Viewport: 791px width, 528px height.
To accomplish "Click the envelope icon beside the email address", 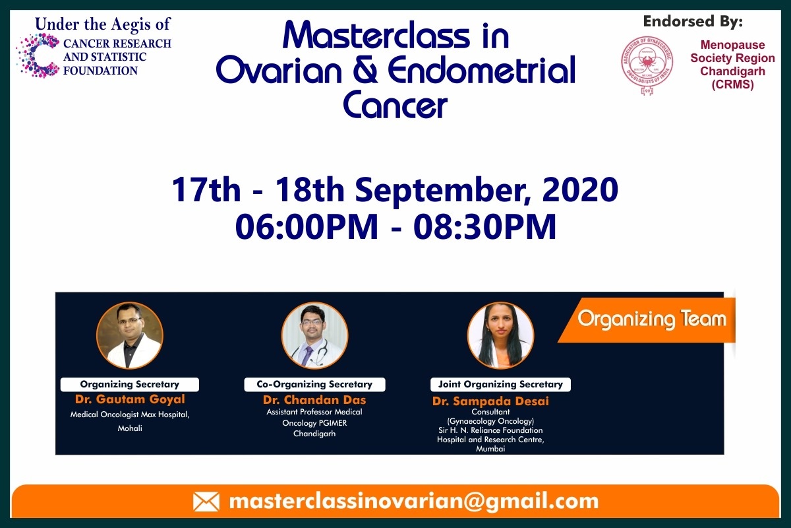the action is click(x=206, y=502).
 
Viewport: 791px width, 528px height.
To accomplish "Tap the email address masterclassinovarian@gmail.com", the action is click(x=414, y=502).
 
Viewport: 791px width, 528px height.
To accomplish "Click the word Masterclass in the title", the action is click(x=376, y=36).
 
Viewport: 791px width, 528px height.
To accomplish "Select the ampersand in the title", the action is click(x=365, y=71).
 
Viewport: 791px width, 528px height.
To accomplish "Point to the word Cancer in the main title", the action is click(x=395, y=105).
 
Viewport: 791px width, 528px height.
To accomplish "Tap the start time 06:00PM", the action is click(x=307, y=226).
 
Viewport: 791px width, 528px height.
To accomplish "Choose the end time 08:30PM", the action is click(x=484, y=226).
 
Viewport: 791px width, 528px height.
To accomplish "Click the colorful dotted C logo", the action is click(x=38, y=55).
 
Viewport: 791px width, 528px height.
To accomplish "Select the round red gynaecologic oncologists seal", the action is click(x=647, y=65).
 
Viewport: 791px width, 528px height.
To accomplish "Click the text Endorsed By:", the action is click(x=693, y=22).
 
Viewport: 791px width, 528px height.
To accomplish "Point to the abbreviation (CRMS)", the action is click(x=733, y=84).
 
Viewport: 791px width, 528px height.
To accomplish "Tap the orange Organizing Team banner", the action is click(x=647, y=320).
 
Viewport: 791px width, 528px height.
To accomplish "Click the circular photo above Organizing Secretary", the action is click(x=130, y=336).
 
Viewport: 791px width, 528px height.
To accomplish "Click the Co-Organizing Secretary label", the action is click(x=314, y=384).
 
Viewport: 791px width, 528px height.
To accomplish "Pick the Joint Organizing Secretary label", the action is click(x=500, y=384).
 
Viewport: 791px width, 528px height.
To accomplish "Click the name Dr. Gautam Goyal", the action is click(x=130, y=399).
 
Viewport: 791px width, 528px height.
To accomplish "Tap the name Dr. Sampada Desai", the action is click(x=490, y=401).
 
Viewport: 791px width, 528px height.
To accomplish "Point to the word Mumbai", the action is click(x=490, y=449).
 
